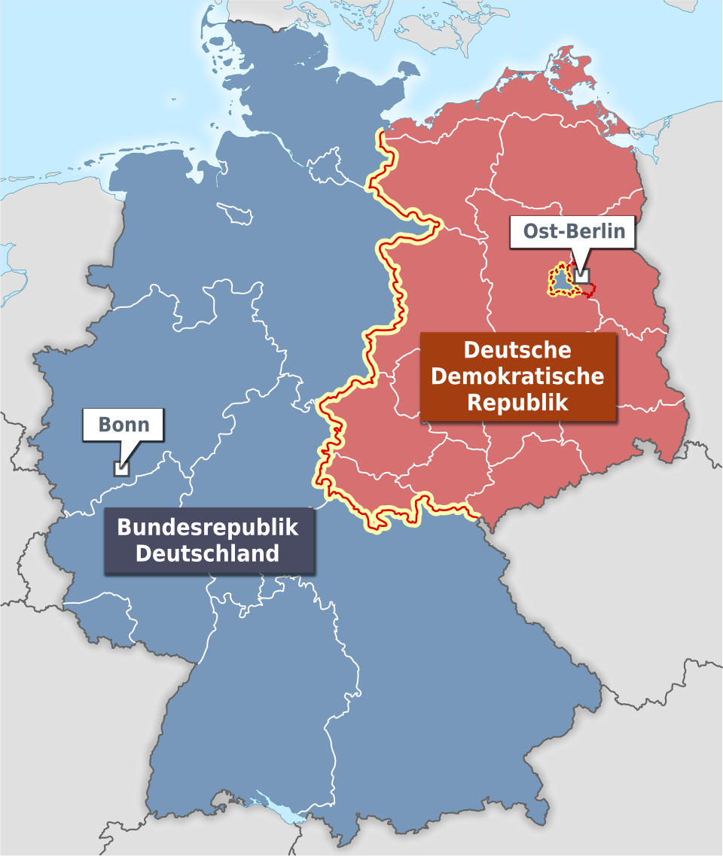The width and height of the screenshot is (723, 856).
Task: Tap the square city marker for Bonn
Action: pyautogui.click(x=120, y=468)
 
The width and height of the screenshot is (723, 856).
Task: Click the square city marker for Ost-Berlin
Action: pyautogui.click(x=581, y=276)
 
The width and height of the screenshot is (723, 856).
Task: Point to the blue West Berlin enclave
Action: pyautogui.click(x=562, y=282)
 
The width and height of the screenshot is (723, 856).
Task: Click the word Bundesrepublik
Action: pyautogui.click(x=208, y=527)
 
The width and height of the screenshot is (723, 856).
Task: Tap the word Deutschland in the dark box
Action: pyautogui.click(x=208, y=553)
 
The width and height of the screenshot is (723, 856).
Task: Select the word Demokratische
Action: pyautogui.click(x=517, y=376)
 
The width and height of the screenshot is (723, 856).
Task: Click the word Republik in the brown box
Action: pyautogui.click(x=517, y=401)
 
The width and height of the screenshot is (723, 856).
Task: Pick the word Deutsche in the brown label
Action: pyautogui.click(x=517, y=350)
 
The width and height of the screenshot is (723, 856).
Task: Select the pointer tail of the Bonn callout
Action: pyautogui.click(x=130, y=452)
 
